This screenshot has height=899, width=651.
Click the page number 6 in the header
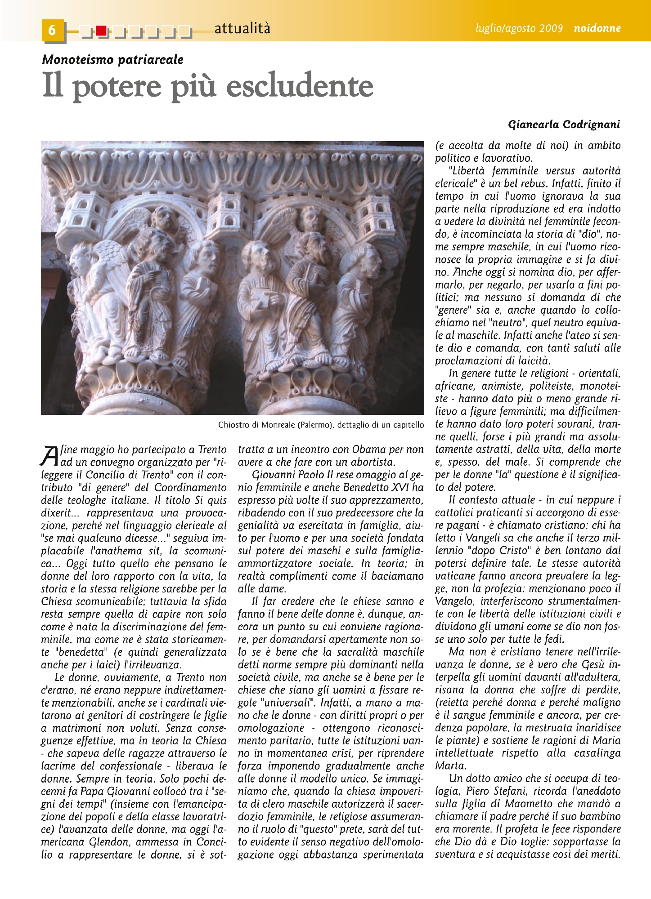52,30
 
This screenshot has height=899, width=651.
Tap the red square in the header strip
101,31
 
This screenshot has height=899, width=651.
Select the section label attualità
242,29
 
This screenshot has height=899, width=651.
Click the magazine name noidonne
597,28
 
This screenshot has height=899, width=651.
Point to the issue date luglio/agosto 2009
519,28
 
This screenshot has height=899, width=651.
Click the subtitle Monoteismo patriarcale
112,59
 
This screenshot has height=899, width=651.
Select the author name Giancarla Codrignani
564,125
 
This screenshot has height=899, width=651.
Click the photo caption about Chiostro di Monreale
321,425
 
